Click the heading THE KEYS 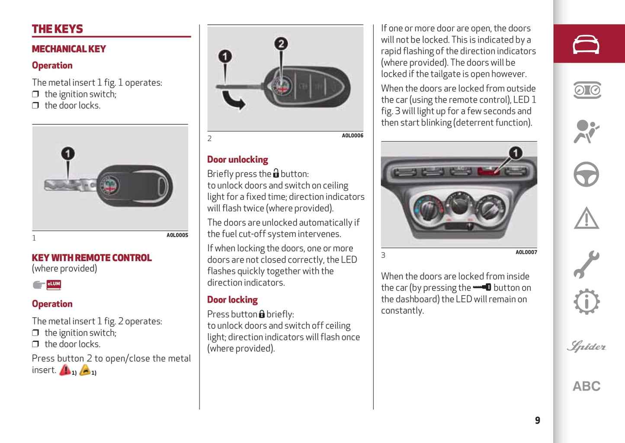pos(57,29)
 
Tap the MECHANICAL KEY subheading pos(69,49)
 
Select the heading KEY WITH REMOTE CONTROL pos(92,258)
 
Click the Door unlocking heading pos(237,159)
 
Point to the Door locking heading pos(232,300)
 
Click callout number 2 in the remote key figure pos(281,44)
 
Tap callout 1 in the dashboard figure pos(515,153)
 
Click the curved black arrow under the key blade pos(234,100)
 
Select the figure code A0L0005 pos(177,235)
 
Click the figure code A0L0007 pos(526,253)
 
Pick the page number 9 pos(537,420)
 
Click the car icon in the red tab pos(586,44)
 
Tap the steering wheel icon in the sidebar pos(586,174)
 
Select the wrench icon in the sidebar pos(586,264)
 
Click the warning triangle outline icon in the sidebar pos(586,218)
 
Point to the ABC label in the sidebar pos(586,386)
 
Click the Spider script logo pos(586,346)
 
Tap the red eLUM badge pos(54,284)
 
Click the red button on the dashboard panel pos(488,171)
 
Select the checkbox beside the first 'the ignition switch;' pos(35,94)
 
